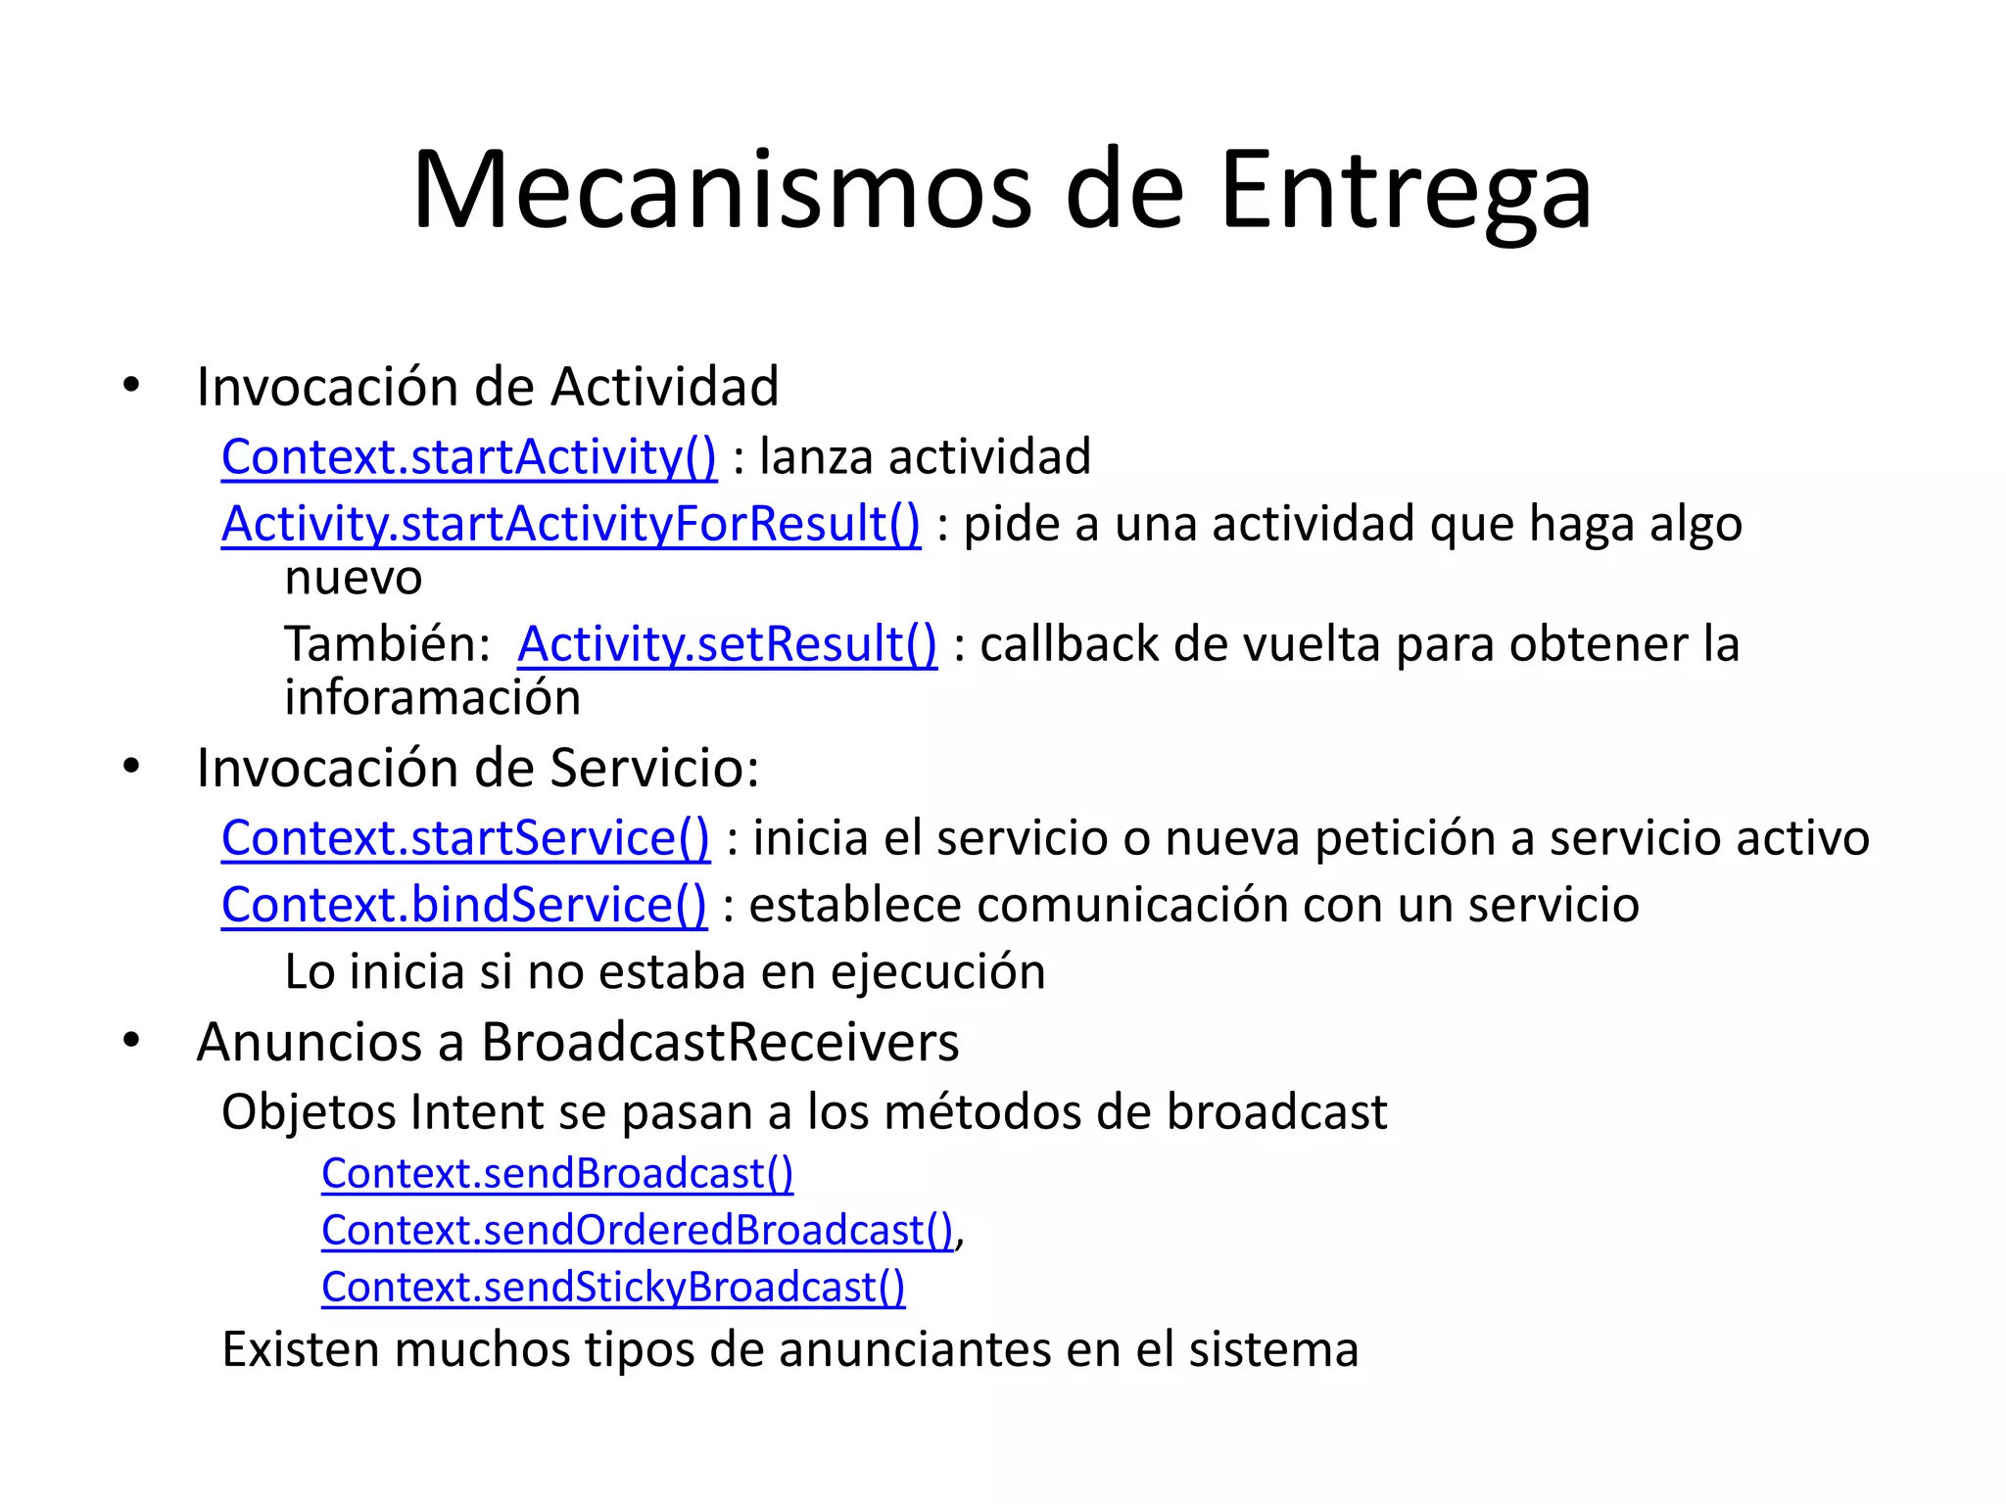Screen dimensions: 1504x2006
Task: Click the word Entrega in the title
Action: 1405,192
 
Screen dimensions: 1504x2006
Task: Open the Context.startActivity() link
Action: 469,457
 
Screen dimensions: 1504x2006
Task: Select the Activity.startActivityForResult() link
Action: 571,524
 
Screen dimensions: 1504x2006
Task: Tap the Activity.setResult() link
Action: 727,644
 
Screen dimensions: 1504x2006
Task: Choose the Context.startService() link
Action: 465,838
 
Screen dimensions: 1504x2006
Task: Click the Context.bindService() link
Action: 463,905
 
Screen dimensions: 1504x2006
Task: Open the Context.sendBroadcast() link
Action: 557,1173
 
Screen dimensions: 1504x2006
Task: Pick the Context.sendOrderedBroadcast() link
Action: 638,1230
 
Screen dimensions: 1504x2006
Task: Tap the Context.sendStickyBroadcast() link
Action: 613,1287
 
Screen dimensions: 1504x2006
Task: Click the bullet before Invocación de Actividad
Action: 131,386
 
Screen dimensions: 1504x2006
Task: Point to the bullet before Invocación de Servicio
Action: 131,767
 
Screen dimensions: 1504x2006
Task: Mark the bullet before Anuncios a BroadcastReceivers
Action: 131,1041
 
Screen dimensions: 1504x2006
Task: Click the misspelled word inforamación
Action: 432,698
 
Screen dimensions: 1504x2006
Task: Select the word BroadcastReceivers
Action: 720,1042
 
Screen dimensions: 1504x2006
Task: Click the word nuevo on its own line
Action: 354,578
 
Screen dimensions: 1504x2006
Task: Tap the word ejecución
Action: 938,972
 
